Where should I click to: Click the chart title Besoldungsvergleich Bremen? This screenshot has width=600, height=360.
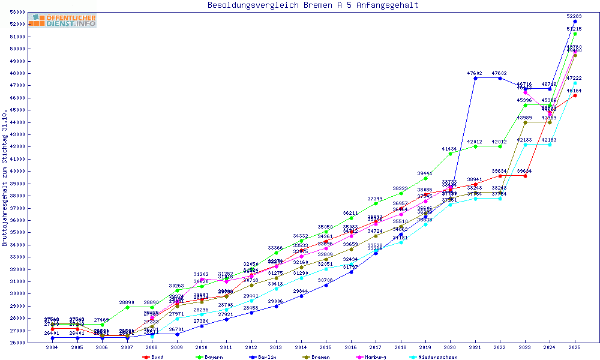[x=313, y=5]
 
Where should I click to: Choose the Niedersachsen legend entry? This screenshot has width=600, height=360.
[x=434, y=357]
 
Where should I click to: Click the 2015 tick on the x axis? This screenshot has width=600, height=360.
[x=325, y=347]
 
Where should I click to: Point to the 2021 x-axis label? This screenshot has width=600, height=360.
[x=475, y=347]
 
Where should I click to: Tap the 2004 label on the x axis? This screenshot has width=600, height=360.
[x=52, y=347]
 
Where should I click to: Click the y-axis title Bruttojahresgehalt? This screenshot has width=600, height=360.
[x=5, y=178]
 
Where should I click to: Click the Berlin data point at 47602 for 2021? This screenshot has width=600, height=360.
[x=475, y=78]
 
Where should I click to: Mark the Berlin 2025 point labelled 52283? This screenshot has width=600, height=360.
[x=575, y=21]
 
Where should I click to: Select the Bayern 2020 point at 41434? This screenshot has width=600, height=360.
[x=450, y=154]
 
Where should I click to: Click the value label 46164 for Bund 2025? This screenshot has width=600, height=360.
[x=574, y=91]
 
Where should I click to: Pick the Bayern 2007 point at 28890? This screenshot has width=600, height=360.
[x=127, y=307]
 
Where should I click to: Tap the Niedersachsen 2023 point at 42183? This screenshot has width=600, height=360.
[x=525, y=145]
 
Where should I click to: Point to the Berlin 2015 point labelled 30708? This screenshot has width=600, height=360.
[x=326, y=285]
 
